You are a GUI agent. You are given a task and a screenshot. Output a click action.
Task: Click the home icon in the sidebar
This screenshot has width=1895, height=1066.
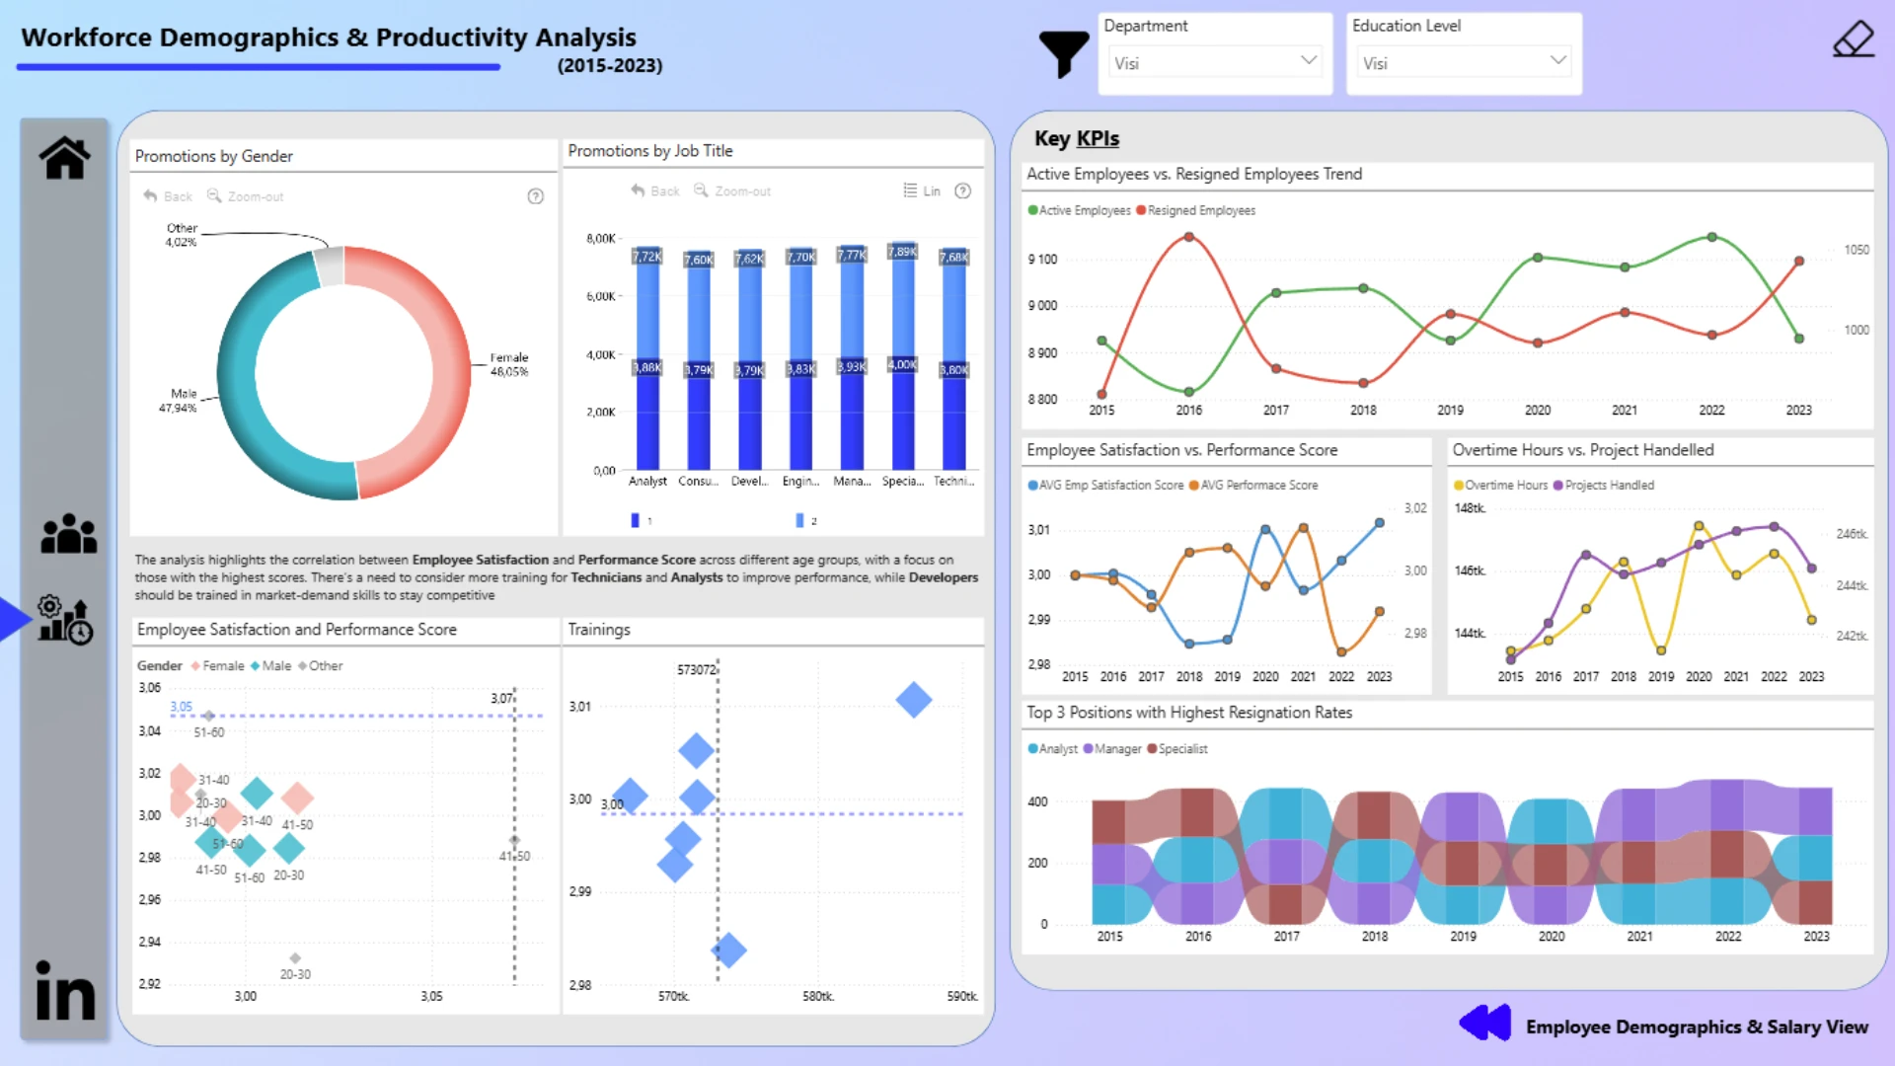65,158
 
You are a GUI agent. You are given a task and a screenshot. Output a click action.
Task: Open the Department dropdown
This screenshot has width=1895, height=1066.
1215,63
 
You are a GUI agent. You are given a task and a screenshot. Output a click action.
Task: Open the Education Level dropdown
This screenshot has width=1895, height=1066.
1464,63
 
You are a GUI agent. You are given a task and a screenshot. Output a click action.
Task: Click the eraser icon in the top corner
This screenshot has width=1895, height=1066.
1853,39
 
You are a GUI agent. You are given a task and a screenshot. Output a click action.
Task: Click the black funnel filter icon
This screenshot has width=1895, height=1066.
1063,53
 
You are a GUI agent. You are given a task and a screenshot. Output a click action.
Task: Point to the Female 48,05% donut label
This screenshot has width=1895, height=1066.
509,364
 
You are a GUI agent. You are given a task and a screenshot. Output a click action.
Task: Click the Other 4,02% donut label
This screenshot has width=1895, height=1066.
182,235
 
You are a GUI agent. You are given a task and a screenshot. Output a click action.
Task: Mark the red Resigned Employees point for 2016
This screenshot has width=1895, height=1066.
1189,238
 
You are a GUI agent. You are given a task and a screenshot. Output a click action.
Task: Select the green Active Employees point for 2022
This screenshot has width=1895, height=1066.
1712,238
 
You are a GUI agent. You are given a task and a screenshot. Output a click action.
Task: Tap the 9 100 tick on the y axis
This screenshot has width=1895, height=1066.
1042,260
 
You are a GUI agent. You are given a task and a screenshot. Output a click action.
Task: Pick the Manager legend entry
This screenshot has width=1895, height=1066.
1116,749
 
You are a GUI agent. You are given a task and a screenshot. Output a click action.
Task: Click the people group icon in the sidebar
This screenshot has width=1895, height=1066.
68,534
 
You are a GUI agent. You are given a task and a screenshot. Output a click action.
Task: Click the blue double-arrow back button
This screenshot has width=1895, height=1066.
1484,1023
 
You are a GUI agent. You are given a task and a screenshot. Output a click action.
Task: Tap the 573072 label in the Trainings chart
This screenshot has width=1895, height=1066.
696,670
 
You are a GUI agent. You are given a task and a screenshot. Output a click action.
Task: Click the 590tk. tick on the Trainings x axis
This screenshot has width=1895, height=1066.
961,997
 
